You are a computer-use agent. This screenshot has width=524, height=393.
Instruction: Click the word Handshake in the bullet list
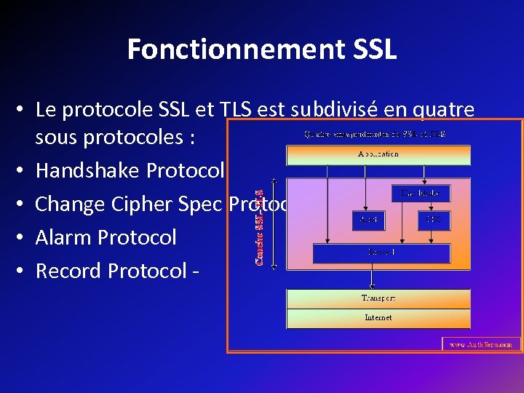tap(88, 170)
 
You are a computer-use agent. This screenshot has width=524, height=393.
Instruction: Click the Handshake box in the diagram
tap(421, 193)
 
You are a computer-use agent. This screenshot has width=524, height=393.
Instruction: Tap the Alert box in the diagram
tap(368, 219)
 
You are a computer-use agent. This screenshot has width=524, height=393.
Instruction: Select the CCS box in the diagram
tap(434, 219)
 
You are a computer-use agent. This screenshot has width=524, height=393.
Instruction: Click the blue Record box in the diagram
tap(381, 253)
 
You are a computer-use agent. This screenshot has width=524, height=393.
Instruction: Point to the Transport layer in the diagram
tap(378, 298)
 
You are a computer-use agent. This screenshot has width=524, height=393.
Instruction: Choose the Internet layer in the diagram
tap(378, 318)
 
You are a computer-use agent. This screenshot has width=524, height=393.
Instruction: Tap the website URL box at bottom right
tap(481, 344)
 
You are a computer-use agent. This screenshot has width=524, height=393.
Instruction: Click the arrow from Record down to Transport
tap(373, 277)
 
